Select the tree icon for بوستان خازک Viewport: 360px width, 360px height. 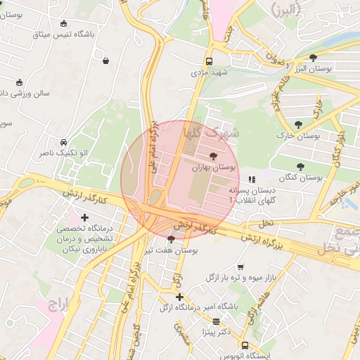(x=299, y=124)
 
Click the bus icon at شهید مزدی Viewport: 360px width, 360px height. (x=209, y=61)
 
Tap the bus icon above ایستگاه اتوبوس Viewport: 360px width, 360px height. (x=245, y=345)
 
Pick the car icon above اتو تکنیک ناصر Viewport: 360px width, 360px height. (x=64, y=141)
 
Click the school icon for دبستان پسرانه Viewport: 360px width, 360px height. (x=252, y=180)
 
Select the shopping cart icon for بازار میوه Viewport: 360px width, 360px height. (x=240, y=267)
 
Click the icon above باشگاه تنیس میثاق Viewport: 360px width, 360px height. (x=64, y=22)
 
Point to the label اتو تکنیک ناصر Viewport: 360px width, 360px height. (x=64, y=152)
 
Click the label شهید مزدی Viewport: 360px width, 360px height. (x=209, y=72)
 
